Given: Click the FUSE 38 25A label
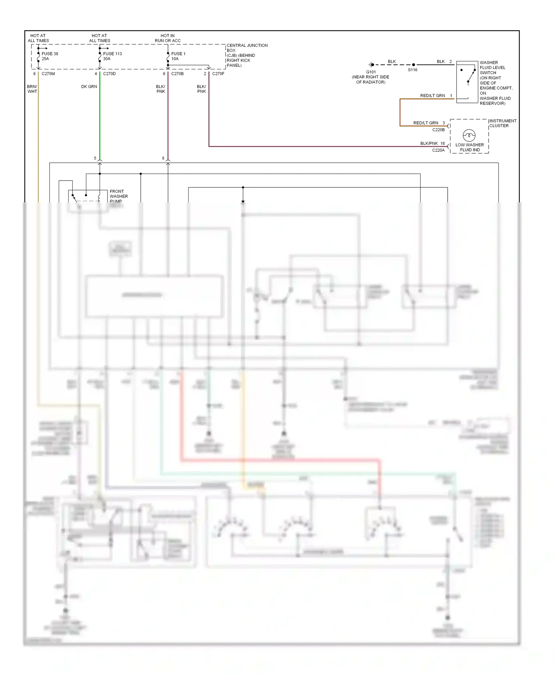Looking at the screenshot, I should (x=49, y=56).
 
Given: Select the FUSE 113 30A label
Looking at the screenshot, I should (x=112, y=56).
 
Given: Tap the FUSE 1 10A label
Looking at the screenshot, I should (x=178, y=56).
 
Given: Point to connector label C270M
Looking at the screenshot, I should (x=48, y=74).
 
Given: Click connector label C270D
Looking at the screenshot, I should (x=109, y=74).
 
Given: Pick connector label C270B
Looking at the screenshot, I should (x=177, y=74).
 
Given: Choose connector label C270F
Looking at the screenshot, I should (x=218, y=74).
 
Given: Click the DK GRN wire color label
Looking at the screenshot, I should (x=89, y=87).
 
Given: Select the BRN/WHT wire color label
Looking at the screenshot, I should (x=32, y=89).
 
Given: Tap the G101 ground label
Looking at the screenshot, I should (x=371, y=72).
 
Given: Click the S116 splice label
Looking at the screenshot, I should (x=413, y=70).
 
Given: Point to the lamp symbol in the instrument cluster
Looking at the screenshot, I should (x=469, y=135).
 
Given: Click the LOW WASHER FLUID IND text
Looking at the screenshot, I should (x=469, y=147).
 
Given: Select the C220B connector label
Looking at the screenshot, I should (x=438, y=130).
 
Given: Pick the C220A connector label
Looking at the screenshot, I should (x=438, y=150).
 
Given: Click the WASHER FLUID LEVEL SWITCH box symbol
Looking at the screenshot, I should (x=467, y=82).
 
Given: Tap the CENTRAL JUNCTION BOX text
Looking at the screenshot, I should (x=247, y=55).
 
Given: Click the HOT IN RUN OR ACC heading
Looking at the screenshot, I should (x=168, y=38).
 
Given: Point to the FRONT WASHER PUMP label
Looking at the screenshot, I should (x=119, y=196).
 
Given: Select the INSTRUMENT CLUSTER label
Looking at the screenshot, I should (x=503, y=123).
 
